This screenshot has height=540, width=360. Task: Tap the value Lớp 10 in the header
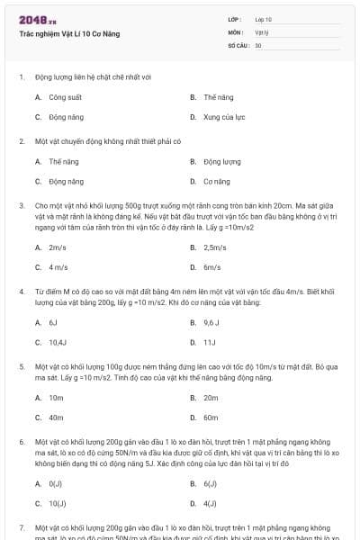(x=263, y=19)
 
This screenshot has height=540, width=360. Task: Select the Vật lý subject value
(x=261, y=31)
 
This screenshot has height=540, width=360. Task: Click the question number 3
(x=22, y=205)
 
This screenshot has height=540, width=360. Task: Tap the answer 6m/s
(x=212, y=267)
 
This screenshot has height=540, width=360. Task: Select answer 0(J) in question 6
(x=56, y=483)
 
